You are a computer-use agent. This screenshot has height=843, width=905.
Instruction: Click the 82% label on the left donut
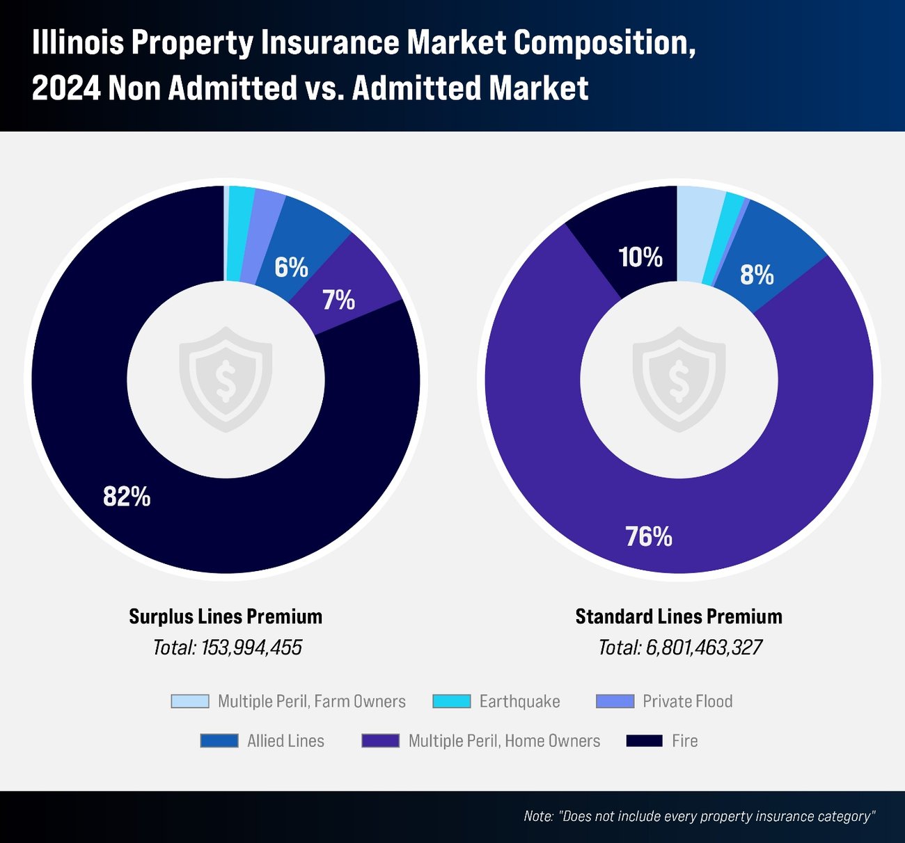127,497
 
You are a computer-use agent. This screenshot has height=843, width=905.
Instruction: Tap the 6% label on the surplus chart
291,267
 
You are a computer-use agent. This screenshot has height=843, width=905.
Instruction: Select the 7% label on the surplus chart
338,300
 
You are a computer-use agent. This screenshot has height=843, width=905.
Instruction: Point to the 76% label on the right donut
649,536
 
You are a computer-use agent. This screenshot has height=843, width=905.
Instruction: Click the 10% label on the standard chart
640,257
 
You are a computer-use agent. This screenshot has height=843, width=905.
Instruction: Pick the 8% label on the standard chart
757,275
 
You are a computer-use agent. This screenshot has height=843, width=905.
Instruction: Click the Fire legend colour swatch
644,741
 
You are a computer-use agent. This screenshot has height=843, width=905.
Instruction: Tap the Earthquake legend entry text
519,701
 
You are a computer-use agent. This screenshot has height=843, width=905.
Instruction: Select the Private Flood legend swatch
615,701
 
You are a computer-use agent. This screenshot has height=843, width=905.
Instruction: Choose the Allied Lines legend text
285,741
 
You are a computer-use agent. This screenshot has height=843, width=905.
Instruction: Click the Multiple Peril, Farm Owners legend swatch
190,701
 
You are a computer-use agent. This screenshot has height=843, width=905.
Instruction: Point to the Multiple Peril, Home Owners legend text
504,741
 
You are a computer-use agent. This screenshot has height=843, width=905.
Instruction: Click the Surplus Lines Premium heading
226,616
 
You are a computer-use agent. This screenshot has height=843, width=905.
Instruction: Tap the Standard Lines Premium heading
679,616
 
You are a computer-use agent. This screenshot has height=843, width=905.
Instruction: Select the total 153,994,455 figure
251,648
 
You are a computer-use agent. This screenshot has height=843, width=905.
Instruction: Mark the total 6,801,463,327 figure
704,648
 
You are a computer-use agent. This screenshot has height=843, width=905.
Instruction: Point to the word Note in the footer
538,816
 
